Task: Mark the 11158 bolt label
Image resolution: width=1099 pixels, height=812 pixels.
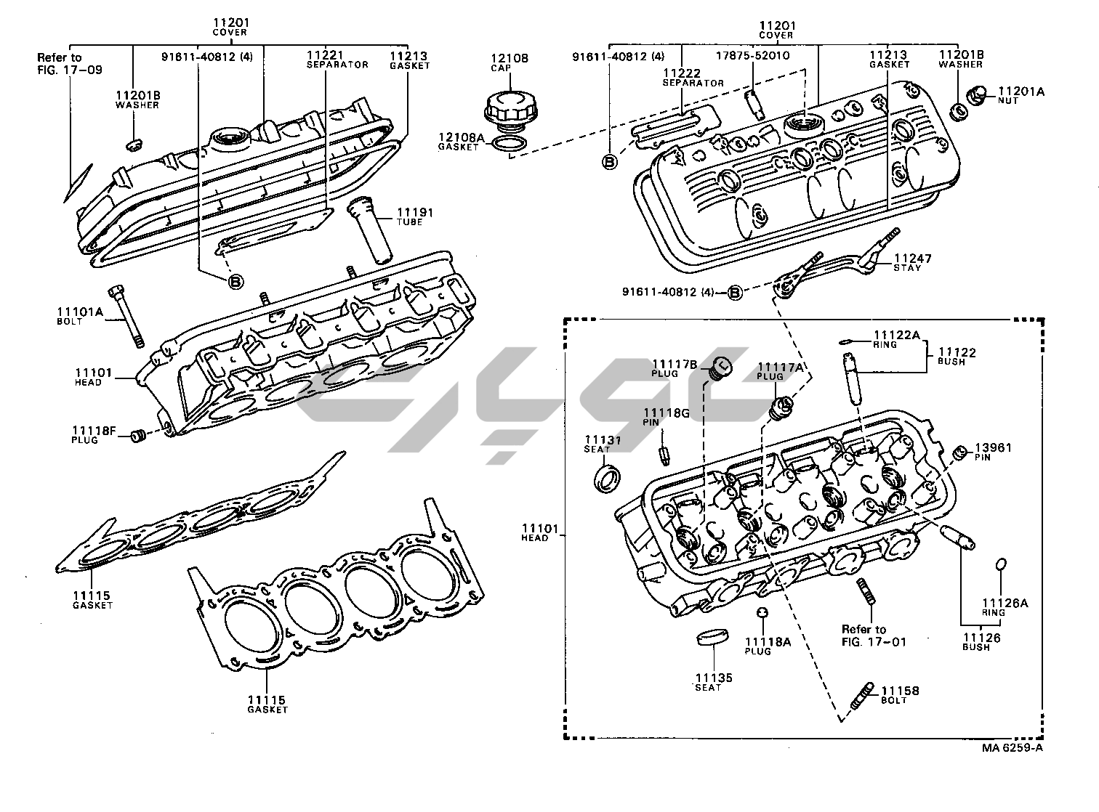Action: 900,695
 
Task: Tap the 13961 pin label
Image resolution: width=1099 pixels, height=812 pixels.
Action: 993,452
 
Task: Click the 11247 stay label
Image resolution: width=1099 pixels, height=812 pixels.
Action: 912,262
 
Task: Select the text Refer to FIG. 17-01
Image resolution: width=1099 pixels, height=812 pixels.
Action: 873,635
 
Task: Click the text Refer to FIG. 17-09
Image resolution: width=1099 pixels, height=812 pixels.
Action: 70,64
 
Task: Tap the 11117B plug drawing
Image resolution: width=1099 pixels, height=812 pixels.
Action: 720,368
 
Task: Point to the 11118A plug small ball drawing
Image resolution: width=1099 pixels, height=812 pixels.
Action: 762,613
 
